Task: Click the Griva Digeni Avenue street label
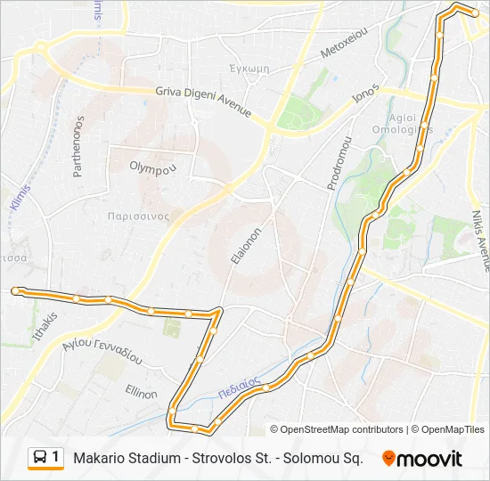click(203, 102)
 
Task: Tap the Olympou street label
click(153, 167)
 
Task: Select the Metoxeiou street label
click(344, 42)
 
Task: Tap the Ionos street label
click(365, 96)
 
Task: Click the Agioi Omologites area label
click(411, 124)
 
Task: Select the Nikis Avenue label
click(480, 240)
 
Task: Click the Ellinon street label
click(142, 393)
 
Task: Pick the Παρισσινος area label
click(137, 216)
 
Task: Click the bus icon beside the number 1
click(40, 458)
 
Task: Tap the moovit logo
click(422, 459)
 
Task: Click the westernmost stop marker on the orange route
click(15, 290)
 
